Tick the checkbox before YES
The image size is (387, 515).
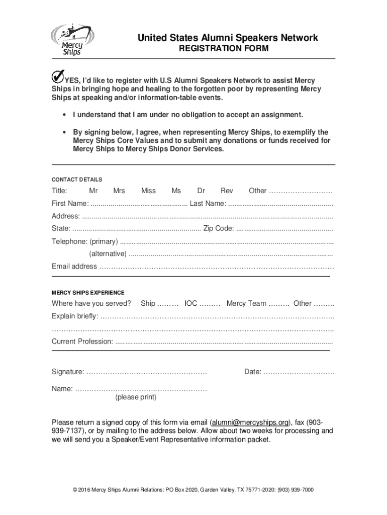coord(57,77)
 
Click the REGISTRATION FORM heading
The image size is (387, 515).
coord(224,49)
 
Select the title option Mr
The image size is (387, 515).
coord(93,191)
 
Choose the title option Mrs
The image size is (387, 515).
coord(119,191)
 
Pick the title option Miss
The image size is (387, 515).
coord(148,191)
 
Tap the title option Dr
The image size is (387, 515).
coord(201,191)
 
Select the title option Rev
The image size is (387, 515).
coord(227,191)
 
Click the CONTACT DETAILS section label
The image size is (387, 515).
coord(77,179)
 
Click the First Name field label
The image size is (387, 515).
coord(70,203)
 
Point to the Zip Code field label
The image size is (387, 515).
coord(218,229)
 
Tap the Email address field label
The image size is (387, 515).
coord(74,267)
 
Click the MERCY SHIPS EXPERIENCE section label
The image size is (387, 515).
coord(88,292)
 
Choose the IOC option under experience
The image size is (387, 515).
coord(191,303)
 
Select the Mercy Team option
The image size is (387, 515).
coord(246,303)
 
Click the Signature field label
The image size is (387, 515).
coord(68,372)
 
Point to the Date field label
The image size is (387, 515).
coord(253,372)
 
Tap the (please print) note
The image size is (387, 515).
coord(136,397)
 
